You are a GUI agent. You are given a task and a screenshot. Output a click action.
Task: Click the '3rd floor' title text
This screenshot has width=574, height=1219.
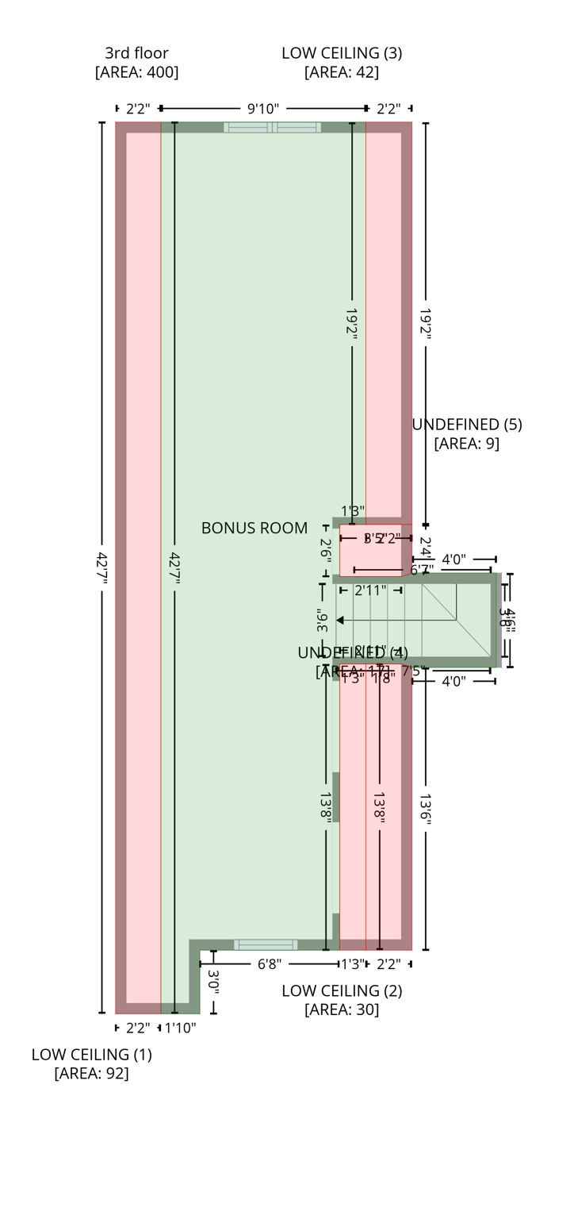136,53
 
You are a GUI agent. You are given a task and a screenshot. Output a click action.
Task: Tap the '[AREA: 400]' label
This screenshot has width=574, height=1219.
136,72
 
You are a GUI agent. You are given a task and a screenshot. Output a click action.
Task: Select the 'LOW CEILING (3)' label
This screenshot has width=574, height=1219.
342,53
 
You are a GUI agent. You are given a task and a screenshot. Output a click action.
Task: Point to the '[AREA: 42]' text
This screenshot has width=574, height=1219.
342,72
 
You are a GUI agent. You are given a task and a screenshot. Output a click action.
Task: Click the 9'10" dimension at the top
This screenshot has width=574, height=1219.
263,109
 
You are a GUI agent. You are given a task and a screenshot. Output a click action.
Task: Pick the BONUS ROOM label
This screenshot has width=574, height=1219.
254,528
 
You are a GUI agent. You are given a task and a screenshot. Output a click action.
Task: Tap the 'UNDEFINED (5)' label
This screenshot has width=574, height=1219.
467,425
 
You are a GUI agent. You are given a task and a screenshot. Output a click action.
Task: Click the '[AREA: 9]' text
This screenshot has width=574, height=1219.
467,443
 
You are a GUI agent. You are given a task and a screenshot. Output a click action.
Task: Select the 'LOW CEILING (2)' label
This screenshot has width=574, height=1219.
342,990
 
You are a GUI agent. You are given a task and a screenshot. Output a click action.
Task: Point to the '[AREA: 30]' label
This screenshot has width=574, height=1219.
342,1009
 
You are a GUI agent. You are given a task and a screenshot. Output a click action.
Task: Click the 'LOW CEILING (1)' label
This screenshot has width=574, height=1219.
92,1055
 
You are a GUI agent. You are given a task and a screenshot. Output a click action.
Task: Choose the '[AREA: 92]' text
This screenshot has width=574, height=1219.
92,1074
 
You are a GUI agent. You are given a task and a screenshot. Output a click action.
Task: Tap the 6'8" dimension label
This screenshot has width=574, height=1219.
270,964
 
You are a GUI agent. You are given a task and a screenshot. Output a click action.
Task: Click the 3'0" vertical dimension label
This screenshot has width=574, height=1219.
213,981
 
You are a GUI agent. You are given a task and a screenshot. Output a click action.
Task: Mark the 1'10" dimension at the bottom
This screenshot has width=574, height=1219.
180,1029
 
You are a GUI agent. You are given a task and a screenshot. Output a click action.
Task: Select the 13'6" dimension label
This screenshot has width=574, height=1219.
426,809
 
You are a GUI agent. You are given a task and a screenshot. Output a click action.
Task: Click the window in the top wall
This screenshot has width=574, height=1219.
272,127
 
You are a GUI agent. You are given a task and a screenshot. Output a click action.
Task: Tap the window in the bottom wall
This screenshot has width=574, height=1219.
266,944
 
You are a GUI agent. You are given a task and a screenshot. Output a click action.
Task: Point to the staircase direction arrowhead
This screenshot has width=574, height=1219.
340,621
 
